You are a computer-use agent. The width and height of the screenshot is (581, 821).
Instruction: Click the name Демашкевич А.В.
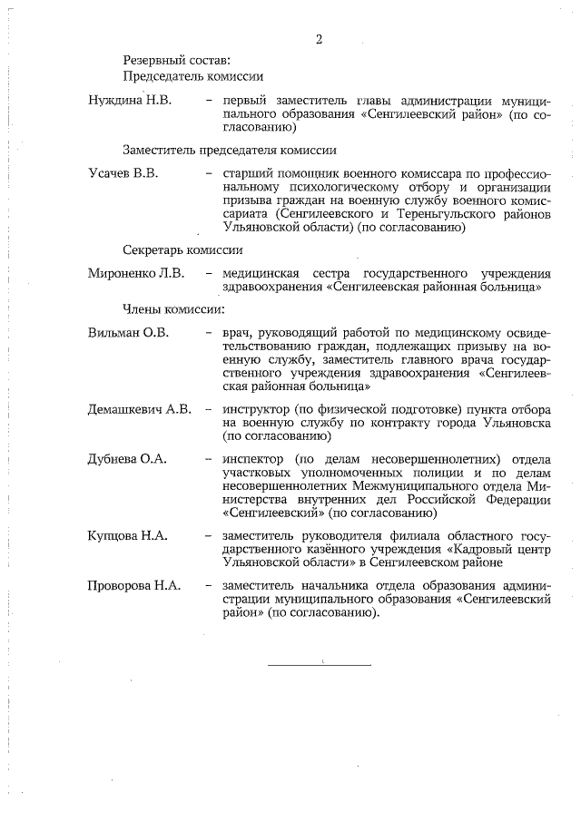coord(140,409)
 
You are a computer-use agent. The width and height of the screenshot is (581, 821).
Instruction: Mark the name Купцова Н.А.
coord(128,536)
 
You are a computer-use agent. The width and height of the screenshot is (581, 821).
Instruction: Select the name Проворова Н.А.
coord(134,586)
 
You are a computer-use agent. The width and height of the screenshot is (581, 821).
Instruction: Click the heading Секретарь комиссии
coord(182,249)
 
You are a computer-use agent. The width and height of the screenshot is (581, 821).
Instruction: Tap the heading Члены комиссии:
coord(172,310)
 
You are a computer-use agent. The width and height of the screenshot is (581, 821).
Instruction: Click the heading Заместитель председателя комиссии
coord(230,150)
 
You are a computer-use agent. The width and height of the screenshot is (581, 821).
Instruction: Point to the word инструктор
coord(255,409)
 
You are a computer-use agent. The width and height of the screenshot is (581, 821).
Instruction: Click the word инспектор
coord(253,459)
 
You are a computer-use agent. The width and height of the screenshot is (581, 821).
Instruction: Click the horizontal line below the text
coord(320,665)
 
